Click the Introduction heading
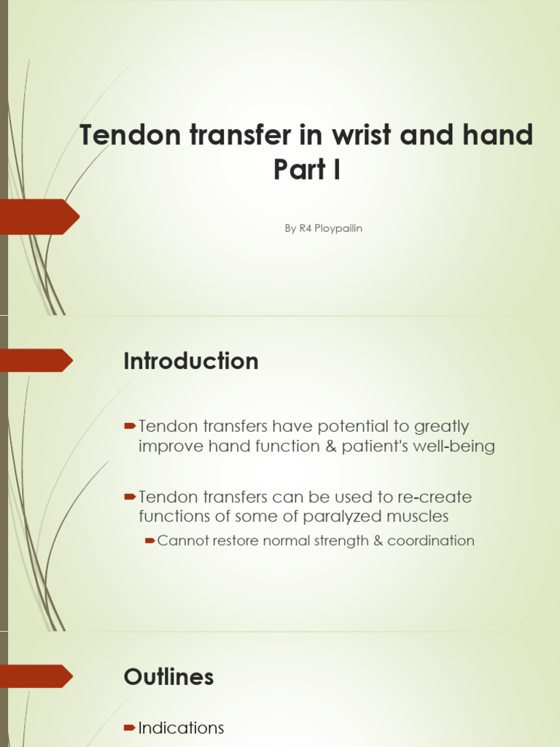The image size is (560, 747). (x=191, y=361)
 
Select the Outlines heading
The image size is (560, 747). (x=168, y=677)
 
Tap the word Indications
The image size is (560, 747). (x=181, y=728)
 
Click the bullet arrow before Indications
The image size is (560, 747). (x=130, y=727)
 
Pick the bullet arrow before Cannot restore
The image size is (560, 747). (x=149, y=541)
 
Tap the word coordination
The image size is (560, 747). (x=431, y=541)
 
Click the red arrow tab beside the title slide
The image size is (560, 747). (x=39, y=217)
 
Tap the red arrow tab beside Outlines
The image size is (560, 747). (x=36, y=676)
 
